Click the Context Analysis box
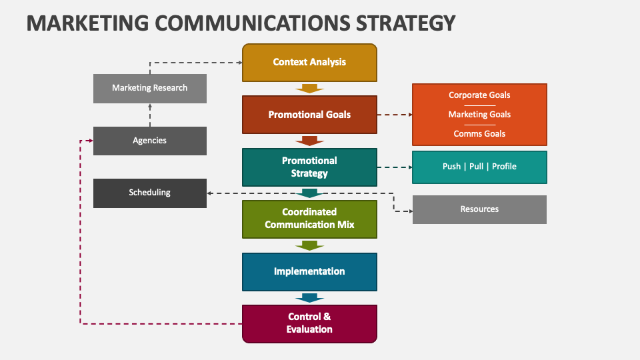pos(309,63)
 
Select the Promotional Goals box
pos(309,115)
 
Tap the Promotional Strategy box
pos(309,167)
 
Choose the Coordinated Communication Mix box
pos(309,219)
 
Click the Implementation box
pos(309,271)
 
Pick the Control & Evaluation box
pos(309,323)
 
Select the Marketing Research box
pos(149,88)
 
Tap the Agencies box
pos(149,141)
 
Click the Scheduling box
pos(149,193)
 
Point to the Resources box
pos(479,209)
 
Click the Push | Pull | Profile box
pos(479,167)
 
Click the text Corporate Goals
pos(479,95)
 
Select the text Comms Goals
pos(479,134)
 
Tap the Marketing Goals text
pos(479,115)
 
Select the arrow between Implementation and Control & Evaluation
pos(309,297)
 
